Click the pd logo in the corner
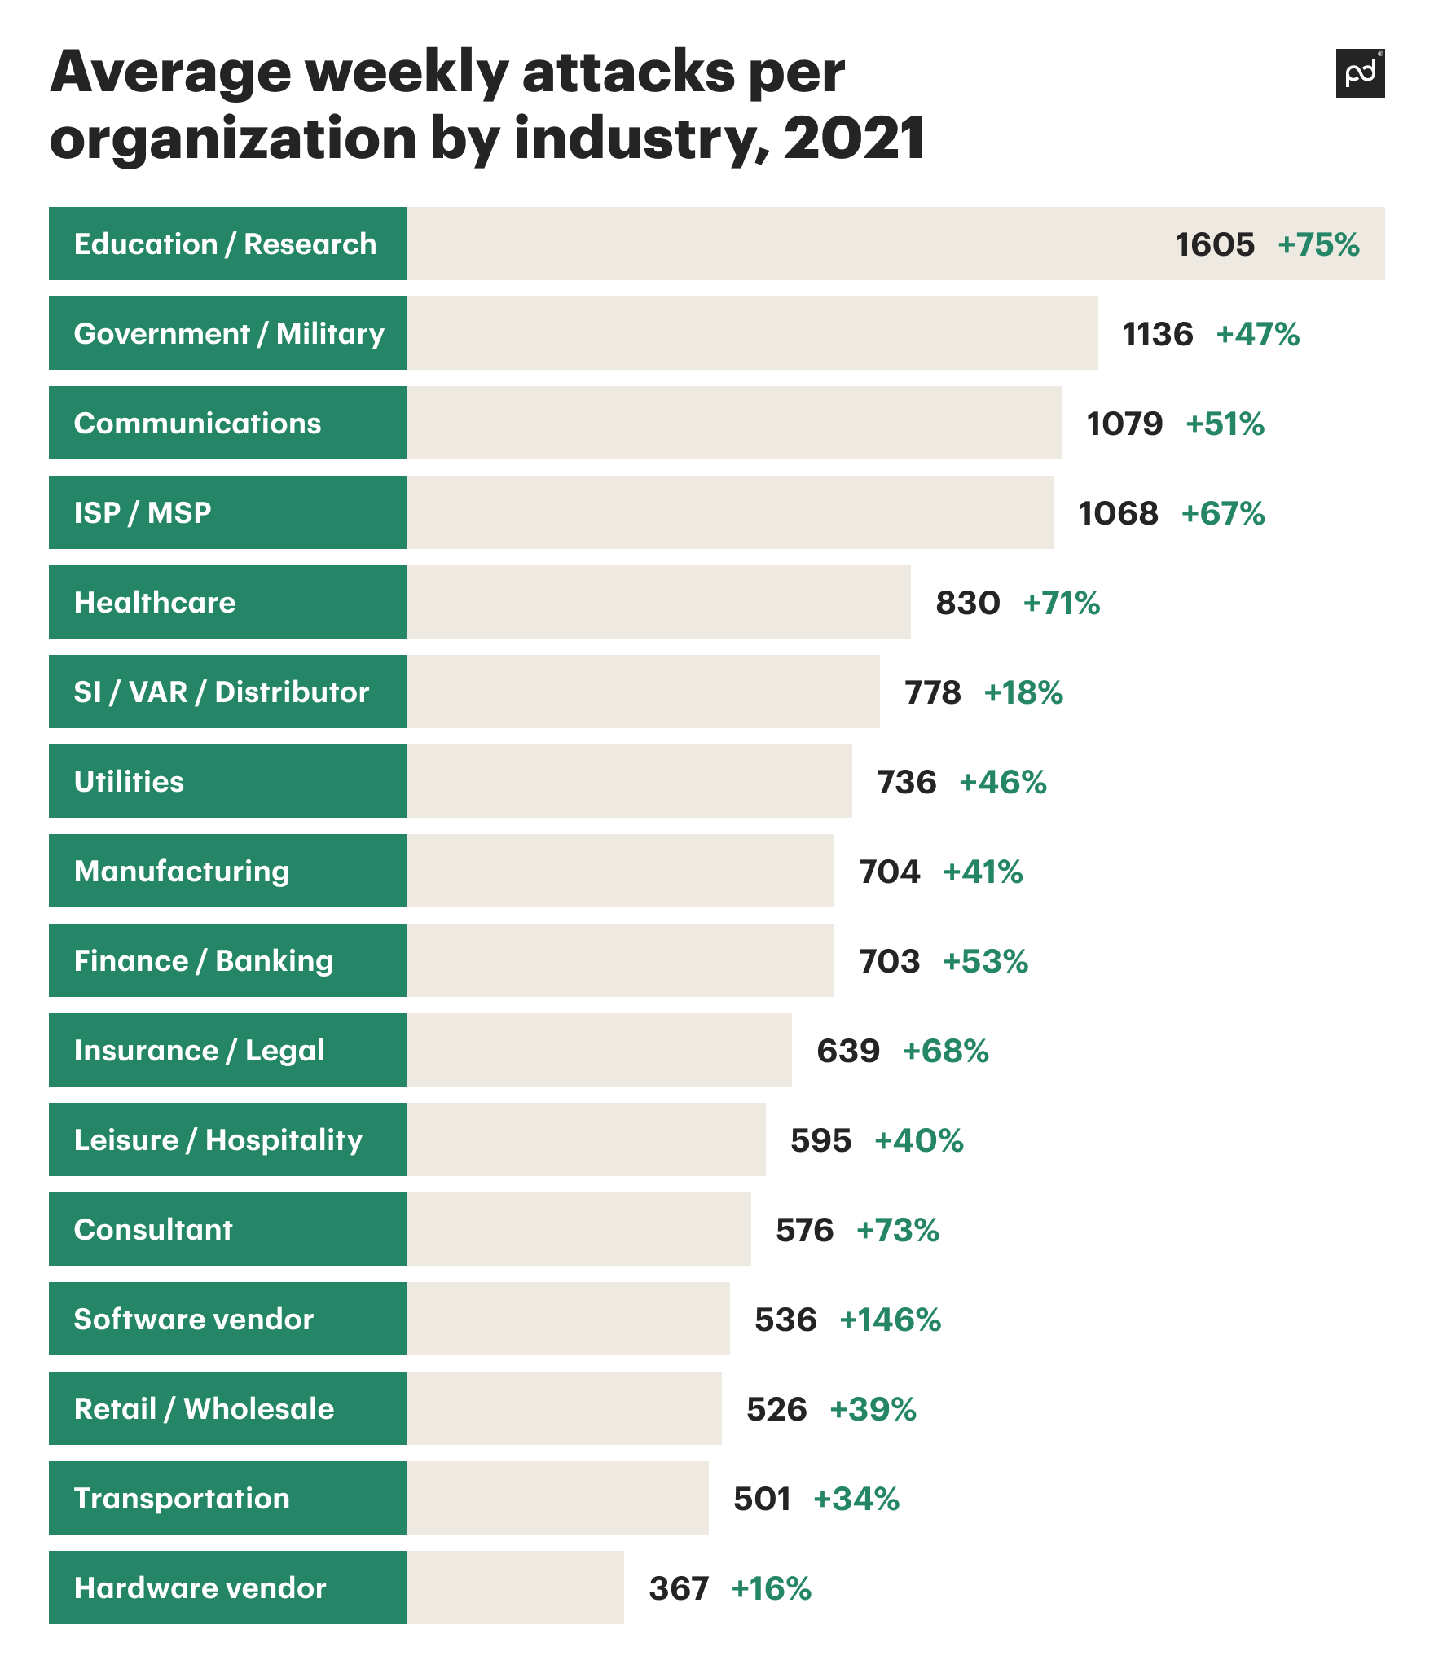click(x=1360, y=73)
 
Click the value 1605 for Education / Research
click(x=1215, y=244)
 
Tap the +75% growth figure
click(x=1318, y=244)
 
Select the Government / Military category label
click(x=229, y=334)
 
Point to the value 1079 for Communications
click(x=1124, y=424)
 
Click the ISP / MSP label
click(x=143, y=513)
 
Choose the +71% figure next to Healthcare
click(x=1062, y=603)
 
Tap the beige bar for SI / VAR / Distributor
click(x=644, y=692)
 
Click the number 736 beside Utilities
click(x=906, y=782)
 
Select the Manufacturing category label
click(x=182, y=872)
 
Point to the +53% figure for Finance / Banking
click(x=986, y=961)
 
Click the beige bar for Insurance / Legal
click(x=600, y=1050)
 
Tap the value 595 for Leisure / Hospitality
click(x=820, y=1140)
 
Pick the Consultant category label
click(x=153, y=1229)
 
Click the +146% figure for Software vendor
click(x=891, y=1320)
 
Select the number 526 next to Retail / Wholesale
click(x=776, y=1409)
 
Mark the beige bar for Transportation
click(x=558, y=1498)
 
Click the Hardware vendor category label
click(x=200, y=1587)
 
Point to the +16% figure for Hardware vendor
click(x=772, y=1588)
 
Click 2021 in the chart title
click(x=854, y=138)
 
